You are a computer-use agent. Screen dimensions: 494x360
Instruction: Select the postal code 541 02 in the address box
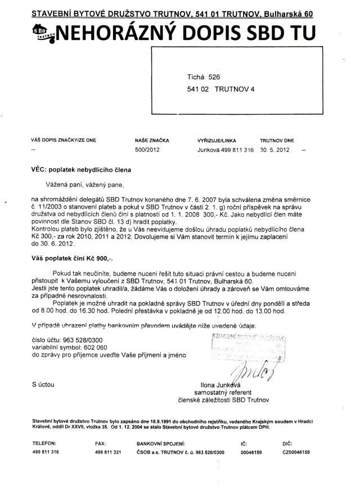(x=197, y=89)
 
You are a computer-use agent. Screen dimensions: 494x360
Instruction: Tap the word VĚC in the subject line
(x=39, y=169)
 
